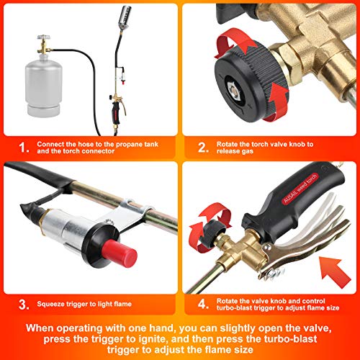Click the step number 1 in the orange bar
(24, 148)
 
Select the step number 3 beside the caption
(24, 305)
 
